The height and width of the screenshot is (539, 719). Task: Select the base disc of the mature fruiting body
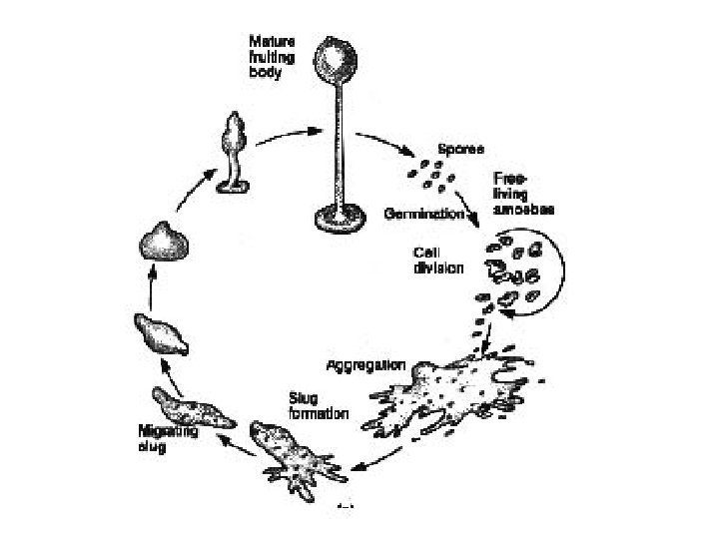(x=337, y=215)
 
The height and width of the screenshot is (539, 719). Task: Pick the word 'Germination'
(x=424, y=214)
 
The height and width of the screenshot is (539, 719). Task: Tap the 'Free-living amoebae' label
(x=523, y=194)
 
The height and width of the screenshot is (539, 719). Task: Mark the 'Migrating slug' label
(x=167, y=438)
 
